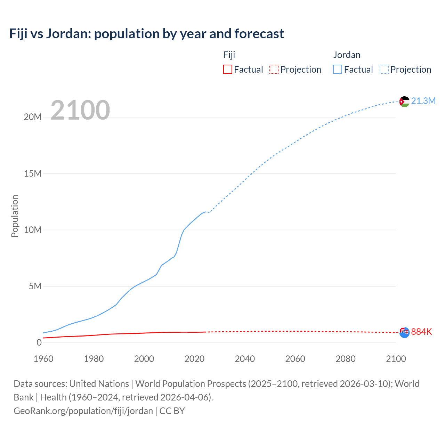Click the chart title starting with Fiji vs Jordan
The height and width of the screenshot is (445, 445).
(146, 34)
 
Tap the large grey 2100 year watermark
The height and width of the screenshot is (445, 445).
(80, 110)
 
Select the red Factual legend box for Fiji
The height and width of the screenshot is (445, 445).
(227, 69)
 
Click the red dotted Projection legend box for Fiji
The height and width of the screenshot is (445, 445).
(274, 69)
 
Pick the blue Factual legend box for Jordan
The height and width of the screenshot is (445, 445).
(338, 69)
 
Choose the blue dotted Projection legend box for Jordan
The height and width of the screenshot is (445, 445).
(384, 69)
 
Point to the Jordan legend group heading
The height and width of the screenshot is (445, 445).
(347, 55)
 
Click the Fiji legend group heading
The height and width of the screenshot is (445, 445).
(229, 55)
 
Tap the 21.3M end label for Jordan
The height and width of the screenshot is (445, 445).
(423, 101)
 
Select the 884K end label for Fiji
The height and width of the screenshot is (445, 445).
(421, 332)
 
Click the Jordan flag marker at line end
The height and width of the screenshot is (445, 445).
(404, 102)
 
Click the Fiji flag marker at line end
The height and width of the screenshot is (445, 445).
(404, 332)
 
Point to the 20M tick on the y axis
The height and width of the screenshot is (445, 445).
(33, 117)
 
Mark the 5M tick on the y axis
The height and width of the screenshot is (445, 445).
(35, 286)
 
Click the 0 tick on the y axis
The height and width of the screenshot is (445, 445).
(39, 342)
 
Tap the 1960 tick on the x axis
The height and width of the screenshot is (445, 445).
(43, 359)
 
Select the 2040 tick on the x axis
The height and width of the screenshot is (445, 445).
(245, 359)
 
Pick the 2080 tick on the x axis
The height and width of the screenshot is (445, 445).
(346, 359)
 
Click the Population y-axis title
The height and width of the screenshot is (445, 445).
(15, 216)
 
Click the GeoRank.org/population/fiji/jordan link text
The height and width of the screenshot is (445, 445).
(83, 411)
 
